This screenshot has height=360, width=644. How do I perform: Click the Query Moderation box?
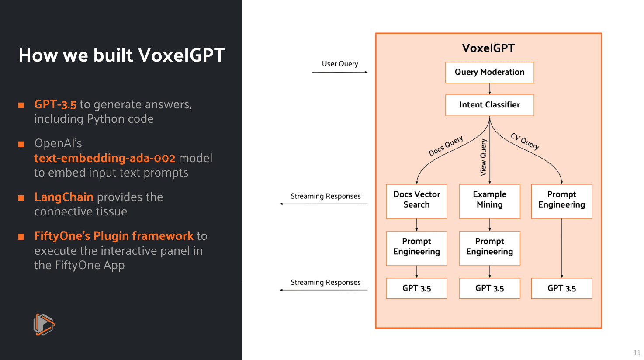[x=489, y=72]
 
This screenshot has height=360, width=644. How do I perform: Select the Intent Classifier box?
[x=489, y=105]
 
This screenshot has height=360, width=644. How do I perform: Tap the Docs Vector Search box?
[x=416, y=201]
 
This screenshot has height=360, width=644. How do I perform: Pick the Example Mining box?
[x=489, y=201]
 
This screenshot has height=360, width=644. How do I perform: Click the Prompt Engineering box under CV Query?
[x=561, y=201]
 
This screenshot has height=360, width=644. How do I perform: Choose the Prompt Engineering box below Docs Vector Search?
[x=416, y=248]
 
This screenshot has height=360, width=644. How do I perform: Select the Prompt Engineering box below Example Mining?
[x=489, y=248]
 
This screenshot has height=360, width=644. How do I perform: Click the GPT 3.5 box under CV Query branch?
[x=561, y=288]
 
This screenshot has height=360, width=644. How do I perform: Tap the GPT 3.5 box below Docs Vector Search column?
[x=416, y=288]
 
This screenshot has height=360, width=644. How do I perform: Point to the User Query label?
[x=340, y=64]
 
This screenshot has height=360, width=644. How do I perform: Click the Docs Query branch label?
[x=446, y=146]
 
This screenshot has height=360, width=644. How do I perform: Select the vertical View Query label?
[x=483, y=157]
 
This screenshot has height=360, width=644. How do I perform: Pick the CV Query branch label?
[x=525, y=142]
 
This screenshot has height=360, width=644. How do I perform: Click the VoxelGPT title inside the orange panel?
[x=488, y=48]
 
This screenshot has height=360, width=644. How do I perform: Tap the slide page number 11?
[x=637, y=353]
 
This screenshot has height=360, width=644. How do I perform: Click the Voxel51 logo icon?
[x=44, y=324]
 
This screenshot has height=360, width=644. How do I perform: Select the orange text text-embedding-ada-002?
[x=105, y=158]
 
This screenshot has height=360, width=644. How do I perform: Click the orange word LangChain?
[x=64, y=197]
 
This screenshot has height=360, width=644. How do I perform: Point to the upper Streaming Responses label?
[x=325, y=196]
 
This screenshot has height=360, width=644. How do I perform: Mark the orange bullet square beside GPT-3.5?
[x=21, y=105]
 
